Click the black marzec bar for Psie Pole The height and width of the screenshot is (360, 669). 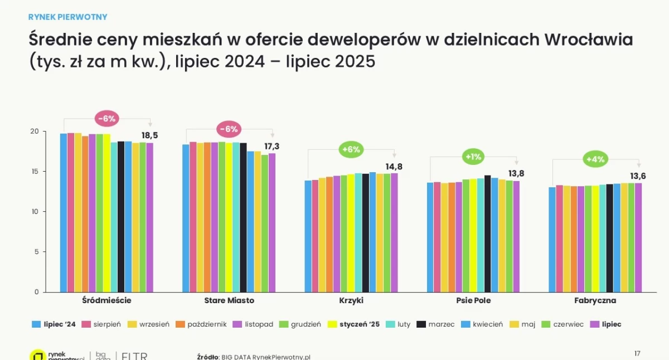tap(488, 234)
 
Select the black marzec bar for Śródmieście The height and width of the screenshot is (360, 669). tap(121, 217)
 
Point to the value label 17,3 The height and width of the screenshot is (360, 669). tap(272, 146)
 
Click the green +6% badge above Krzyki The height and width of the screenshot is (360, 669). tap(351, 149)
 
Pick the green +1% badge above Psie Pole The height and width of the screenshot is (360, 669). tap(473, 157)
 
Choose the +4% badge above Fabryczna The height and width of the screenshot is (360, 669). tap(595, 160)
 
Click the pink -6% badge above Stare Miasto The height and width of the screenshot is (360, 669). tap(229, 129)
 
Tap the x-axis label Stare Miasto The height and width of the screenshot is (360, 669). tap(229, 300)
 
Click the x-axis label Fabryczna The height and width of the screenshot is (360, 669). tap(595, 300)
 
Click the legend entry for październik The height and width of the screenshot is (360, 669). tap(203, 324)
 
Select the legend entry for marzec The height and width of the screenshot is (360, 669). tap(437, 324)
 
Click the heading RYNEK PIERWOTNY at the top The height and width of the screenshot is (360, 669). tap(67, 17)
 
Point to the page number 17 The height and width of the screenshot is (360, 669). tap(637, 353)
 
